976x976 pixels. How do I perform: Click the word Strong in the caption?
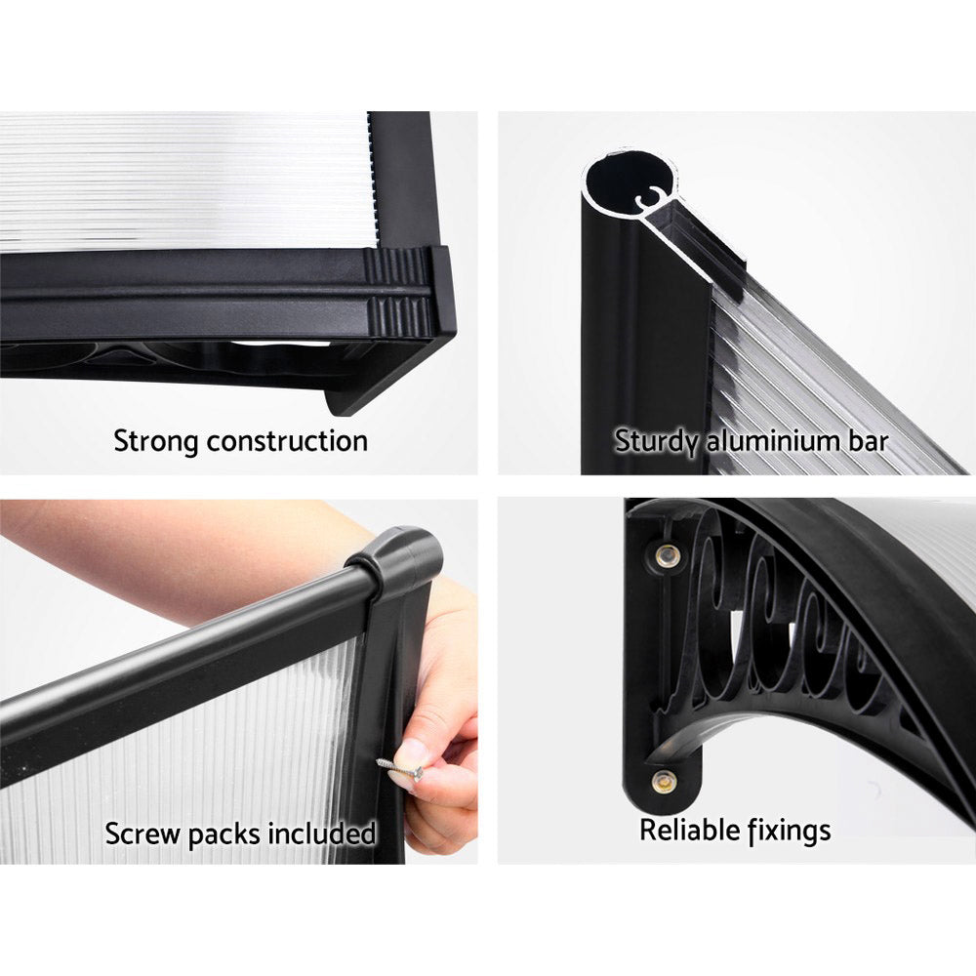pyautogui.click(x=155, y=441)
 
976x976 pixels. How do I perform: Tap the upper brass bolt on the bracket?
pyautogui.click(x=669, y=555)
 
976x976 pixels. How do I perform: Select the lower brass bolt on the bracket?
pyautogui.click(x=664, y=781)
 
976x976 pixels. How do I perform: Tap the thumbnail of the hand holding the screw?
pyautogui.click(x=411, y=752)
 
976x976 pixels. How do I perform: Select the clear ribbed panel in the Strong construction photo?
pyautogui.click(x=185, y=181)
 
